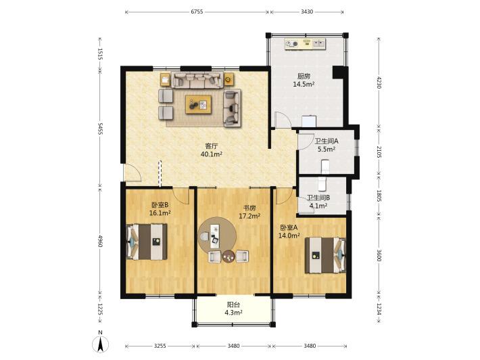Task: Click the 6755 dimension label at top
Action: point(197,12)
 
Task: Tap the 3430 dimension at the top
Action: point(307,12)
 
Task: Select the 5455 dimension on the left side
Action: point(100,129)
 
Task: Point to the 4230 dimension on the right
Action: point(379,82)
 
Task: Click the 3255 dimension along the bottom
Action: point(160,346)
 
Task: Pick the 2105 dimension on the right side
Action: point(379,152)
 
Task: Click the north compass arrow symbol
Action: point(101,344)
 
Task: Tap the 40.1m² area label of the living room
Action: point(211,154)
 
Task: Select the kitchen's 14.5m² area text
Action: point(304,85)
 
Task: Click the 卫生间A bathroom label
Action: point(327,141)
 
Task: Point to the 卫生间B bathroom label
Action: point(318,198)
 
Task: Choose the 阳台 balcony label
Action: point(233,305)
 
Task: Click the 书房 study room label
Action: point(249,208)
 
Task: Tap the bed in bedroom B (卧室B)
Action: point(147,242)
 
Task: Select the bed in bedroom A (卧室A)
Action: point(325,255)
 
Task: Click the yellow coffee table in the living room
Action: point(198,104)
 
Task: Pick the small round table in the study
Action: point(229,256)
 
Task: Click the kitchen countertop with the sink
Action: point(305,44)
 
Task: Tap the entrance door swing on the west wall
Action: point(133,173)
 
